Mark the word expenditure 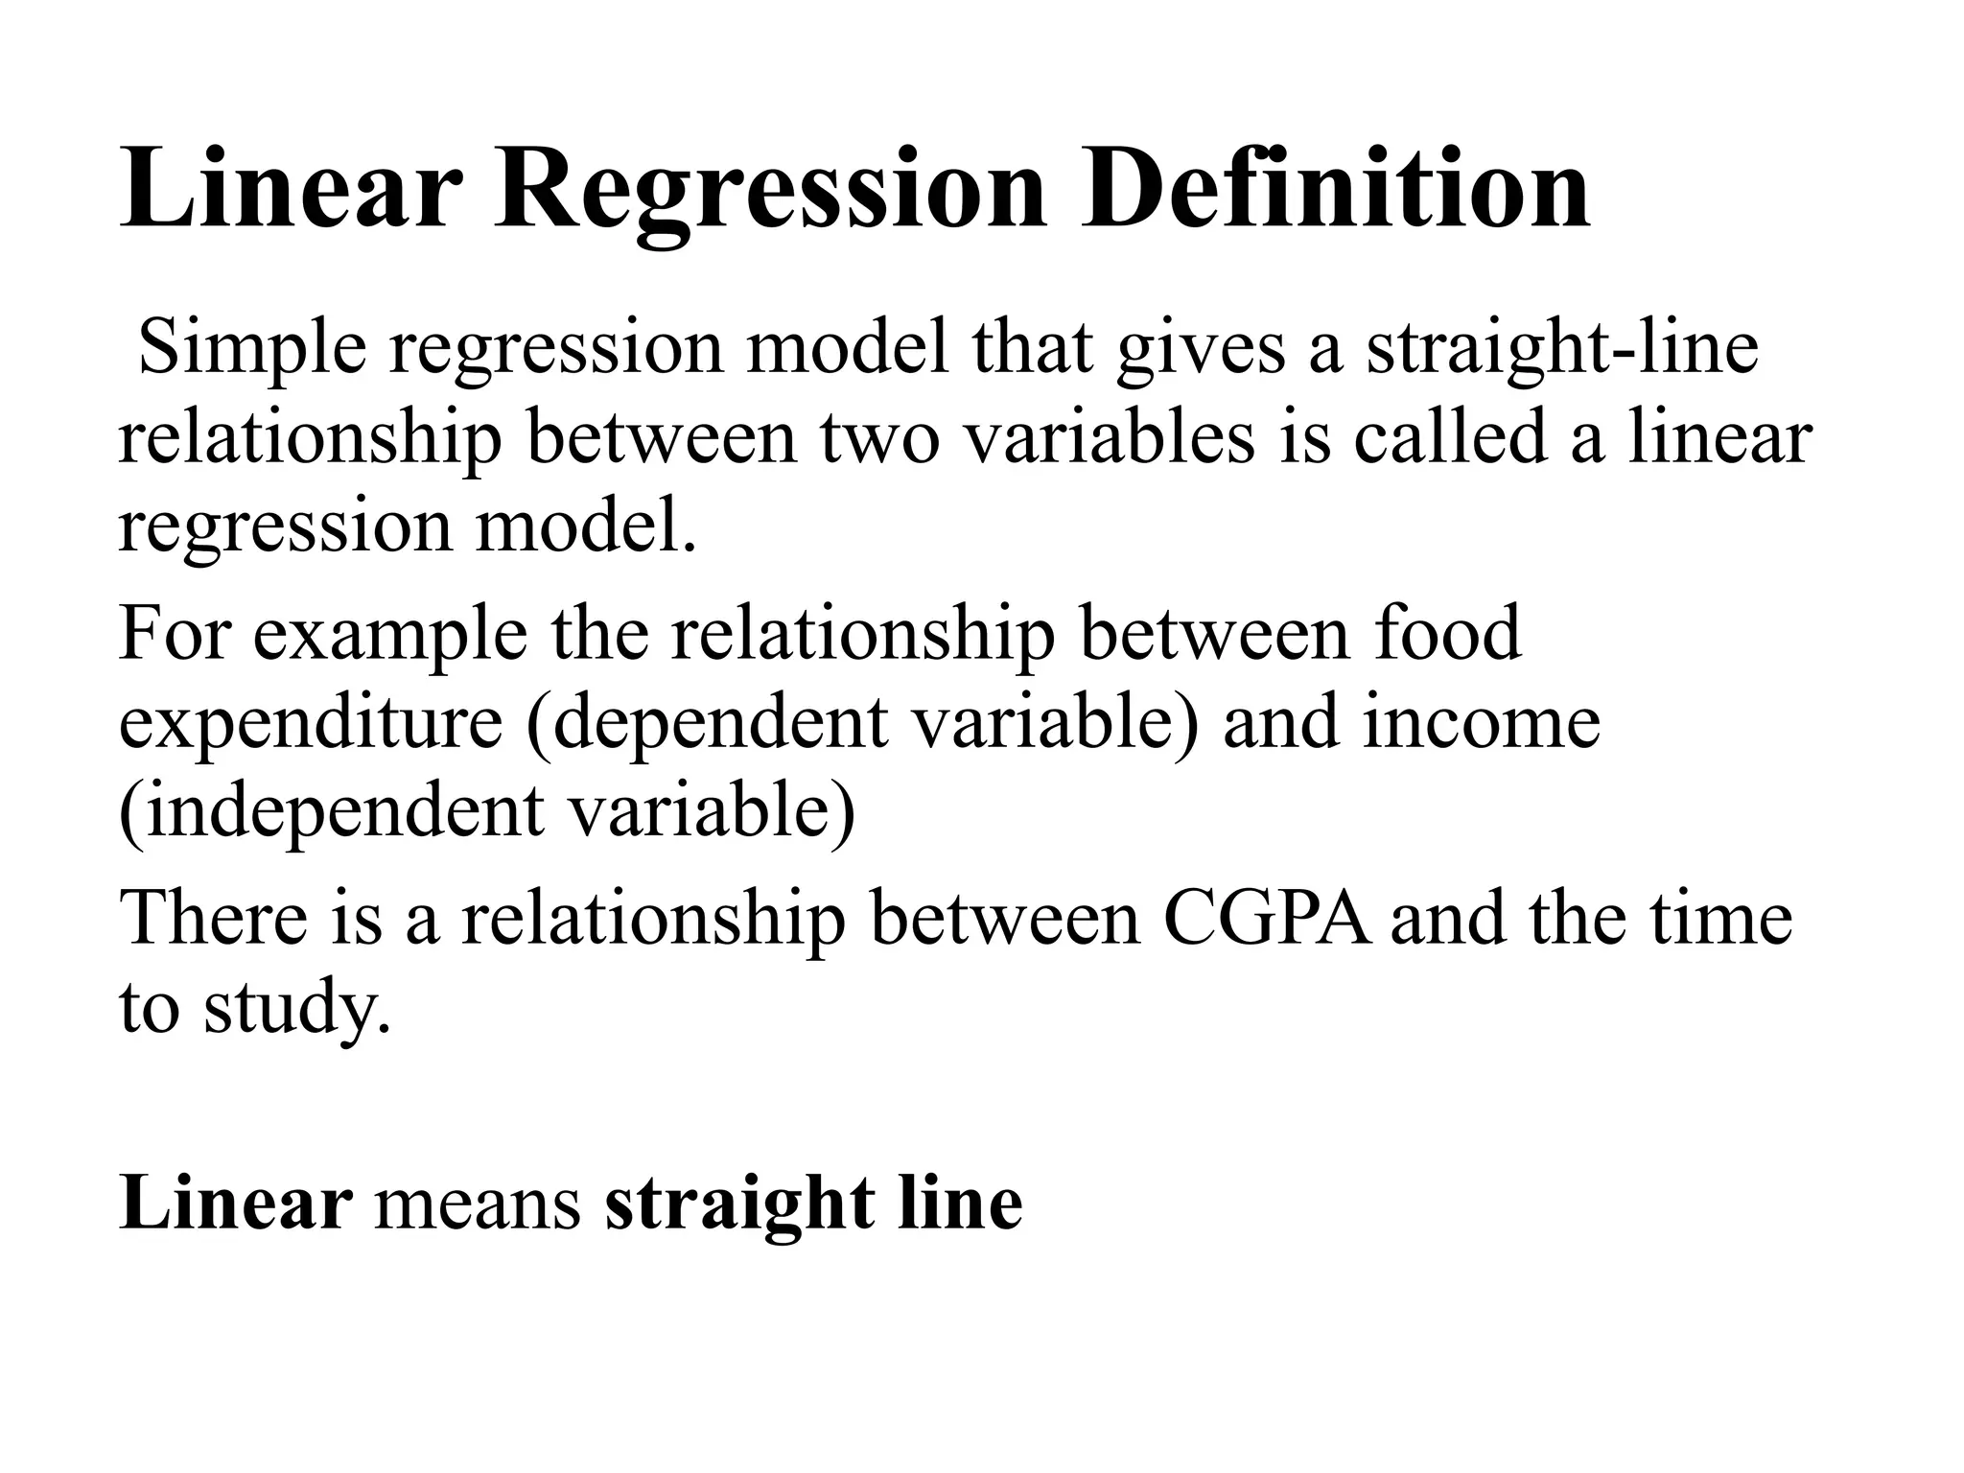[310, 723]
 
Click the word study [297, 1008]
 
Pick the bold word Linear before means [235, 1203]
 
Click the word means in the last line [478, 1203]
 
